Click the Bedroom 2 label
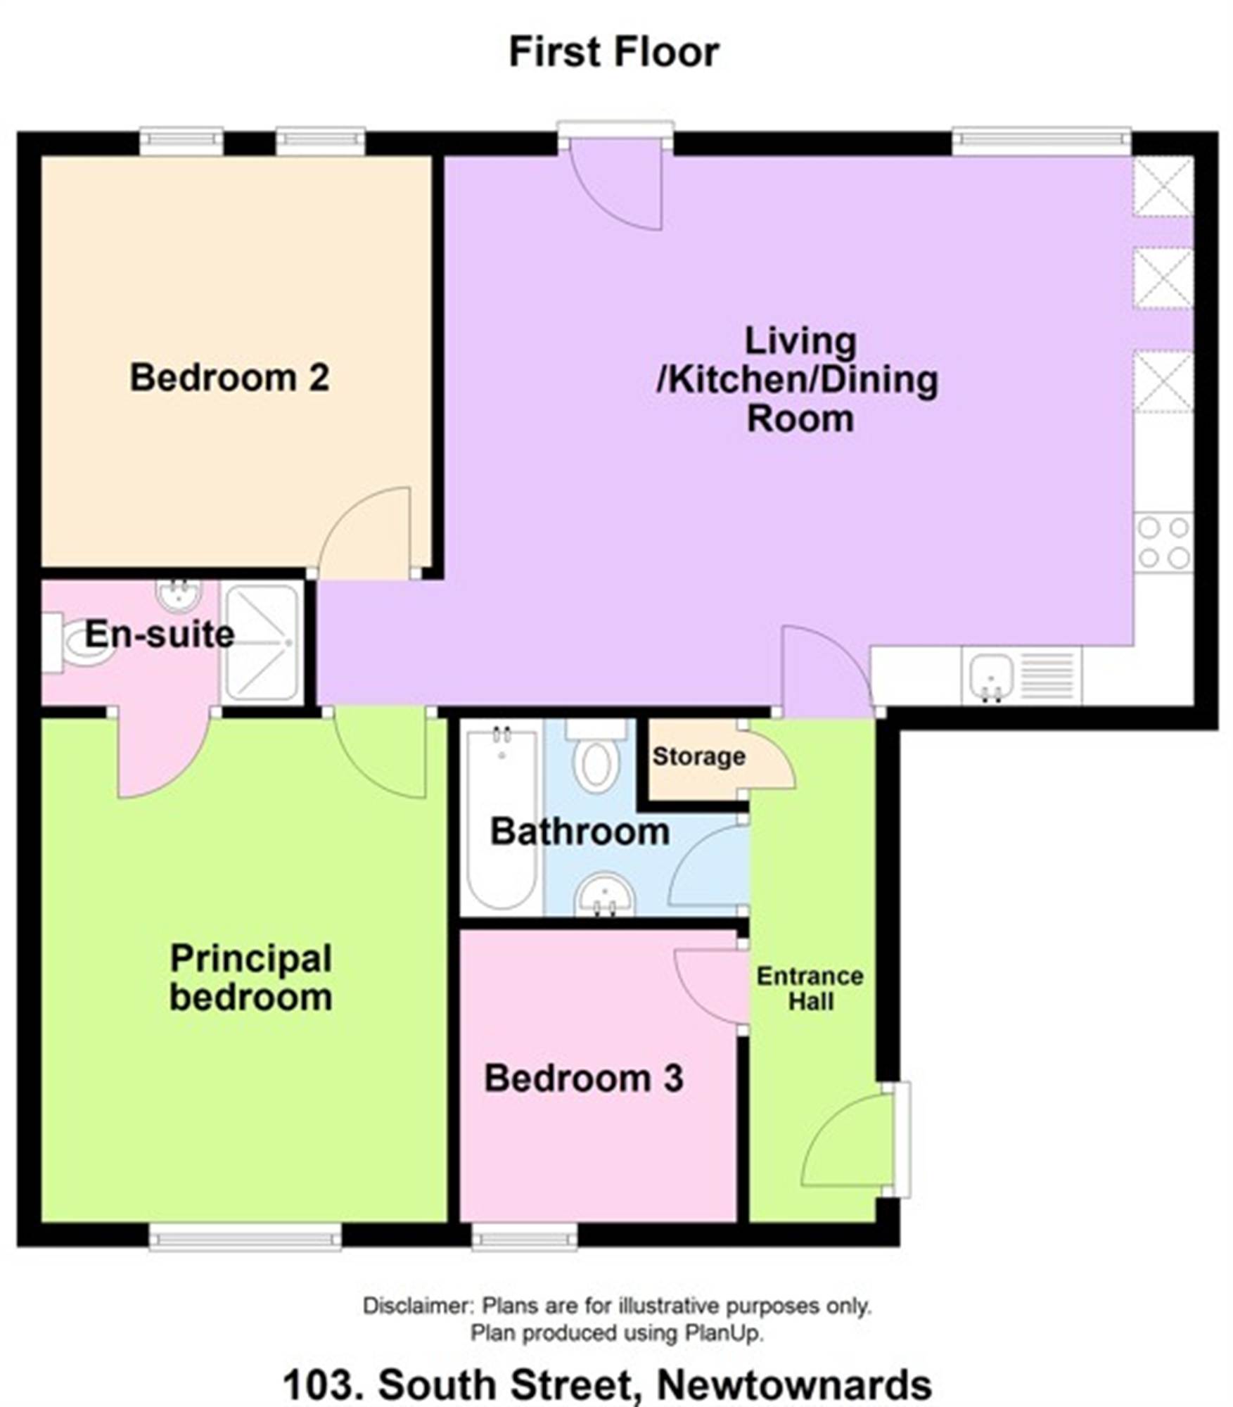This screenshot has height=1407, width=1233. click(x=229, y=377)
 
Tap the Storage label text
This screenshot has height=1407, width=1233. click(x=698, y=756)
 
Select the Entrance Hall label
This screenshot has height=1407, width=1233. click(x=810, y=988)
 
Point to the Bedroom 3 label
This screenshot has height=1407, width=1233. click(x=583, y=1078)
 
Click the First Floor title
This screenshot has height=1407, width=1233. click(x=614, y=52)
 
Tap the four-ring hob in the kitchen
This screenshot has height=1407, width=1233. click(x=1163, y=542)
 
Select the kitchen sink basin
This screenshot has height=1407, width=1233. click(x=990, y=676)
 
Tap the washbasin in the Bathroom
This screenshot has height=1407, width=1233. click(x=605, y=896)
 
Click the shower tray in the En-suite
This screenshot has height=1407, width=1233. click(x=262, y=642)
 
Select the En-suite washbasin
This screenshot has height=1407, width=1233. click(x=179, y=595)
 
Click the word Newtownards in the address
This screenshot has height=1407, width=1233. click(x=795, y=1384)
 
